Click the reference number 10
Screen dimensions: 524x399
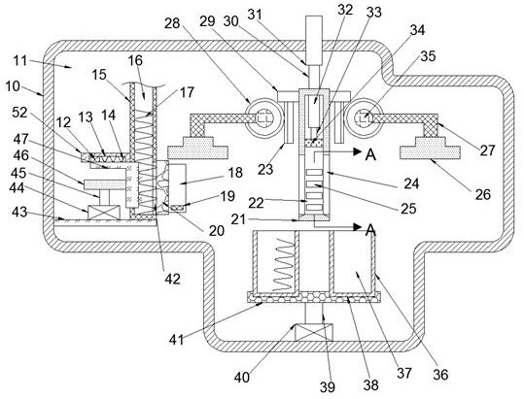tap(13, 86)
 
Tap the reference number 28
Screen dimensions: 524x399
tap(172, 23)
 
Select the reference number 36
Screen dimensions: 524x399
tap(440, 375)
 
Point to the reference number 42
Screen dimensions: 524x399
tap(172, 279)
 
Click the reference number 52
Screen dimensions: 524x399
tap(19, 113)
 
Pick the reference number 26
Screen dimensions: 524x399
tap(483, 194)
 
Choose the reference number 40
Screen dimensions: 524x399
tap(242, 378)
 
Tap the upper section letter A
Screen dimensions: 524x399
tap(370, 154)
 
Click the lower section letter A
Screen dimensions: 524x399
tap(370, 230)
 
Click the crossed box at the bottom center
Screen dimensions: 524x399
tap(314, 332)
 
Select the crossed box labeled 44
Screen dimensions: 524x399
tap(104, 213)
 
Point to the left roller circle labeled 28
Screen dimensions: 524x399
tap(264, 117)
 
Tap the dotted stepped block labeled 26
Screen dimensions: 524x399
tap(430, 148)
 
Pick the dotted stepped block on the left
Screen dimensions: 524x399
tap(198, 148)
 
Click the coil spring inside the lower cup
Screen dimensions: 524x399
tap(284, 265)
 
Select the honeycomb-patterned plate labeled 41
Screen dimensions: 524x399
tap(313, 297)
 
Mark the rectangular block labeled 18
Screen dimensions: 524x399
tap(178, 184)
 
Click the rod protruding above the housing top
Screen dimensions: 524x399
tap(314, 40)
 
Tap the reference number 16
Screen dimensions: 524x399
tap(135, 61)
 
